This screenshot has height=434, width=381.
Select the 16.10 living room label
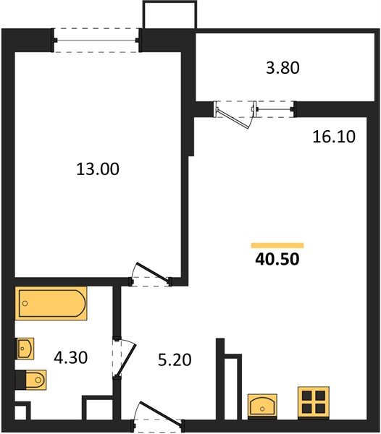click(x=334, y=136)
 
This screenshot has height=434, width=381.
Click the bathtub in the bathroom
click(x=51, y=304)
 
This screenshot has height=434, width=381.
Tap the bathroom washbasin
click(x=25, y=349)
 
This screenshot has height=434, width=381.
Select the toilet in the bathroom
click(x=31, y=379)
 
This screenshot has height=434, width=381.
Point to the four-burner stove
click(x=314, y=401)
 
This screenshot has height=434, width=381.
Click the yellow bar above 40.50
click(x=277, y=245)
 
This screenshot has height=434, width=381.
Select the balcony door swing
click(x=236, y=114)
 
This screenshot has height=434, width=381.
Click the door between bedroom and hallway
click(x=150, y=274)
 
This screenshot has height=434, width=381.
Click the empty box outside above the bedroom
click(x=169, y=14)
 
